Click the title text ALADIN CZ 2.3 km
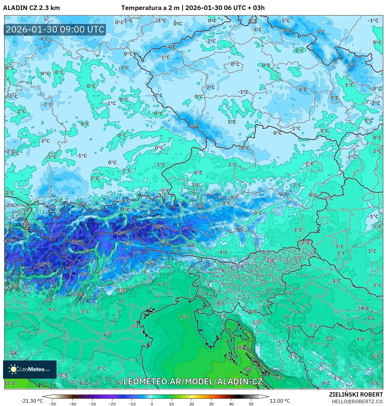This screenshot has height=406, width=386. click(31, 8)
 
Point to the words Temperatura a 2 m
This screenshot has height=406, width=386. click(150, 8)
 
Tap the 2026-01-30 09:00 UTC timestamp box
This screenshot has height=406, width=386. click(55, 29)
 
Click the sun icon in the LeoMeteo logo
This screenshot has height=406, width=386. click(13, 369)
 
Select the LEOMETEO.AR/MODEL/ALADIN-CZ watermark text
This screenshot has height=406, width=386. click(193, 381)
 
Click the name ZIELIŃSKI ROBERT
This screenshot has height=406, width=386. click(356, 394)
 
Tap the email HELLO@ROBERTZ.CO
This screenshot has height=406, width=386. click(357, 401)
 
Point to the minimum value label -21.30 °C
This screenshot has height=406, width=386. click(32, 401)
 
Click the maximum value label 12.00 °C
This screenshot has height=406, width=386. click(280, 401)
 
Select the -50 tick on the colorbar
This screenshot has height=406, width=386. click(53, 404)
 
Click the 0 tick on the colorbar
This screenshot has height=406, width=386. click(152, 404)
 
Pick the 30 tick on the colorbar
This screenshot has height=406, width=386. click(211, 404)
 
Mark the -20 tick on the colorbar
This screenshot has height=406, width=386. click(112, 404)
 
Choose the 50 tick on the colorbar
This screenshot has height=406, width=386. click(251, 404)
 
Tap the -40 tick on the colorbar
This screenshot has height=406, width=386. click(72, 404)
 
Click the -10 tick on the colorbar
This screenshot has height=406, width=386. click(132, 404)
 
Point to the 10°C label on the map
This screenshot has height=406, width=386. click(241, 347)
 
